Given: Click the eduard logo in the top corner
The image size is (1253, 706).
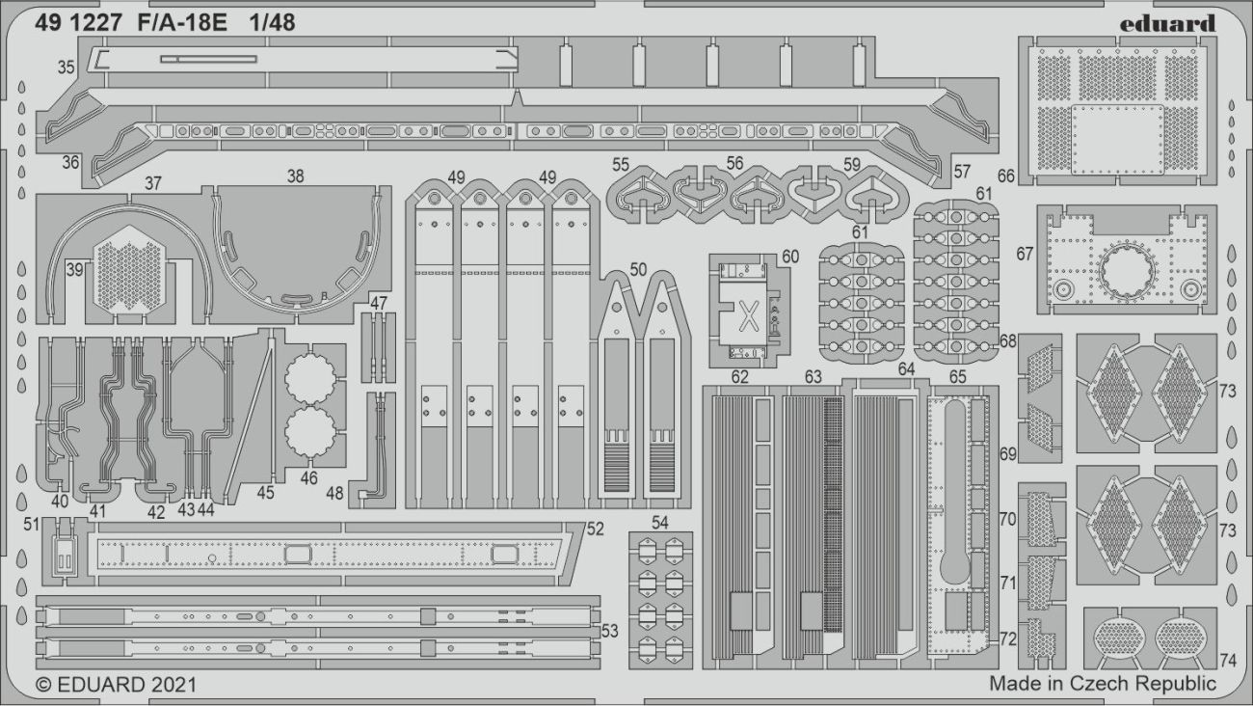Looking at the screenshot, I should (x=1168, y=23).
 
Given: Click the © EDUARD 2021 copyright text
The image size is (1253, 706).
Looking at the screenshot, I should (x=116, y=685).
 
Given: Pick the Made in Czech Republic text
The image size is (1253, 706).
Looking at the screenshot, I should (x=1103, y=684).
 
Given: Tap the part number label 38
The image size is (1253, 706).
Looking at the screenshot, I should (x=295, y=176).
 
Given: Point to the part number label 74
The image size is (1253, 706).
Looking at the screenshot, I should (x=1227, y=661).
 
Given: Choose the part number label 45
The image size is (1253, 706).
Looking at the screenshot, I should (x=265, y=492).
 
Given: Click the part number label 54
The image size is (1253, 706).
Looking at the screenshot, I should (x=659, y=522).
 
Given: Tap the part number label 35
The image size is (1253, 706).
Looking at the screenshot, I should (x=66, y=68).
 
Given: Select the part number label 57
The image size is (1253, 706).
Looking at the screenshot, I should (x=962, y=172).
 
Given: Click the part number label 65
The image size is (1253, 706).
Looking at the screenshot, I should (x=957, y=377).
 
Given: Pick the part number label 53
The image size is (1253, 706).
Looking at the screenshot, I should (x=609, y=631).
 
